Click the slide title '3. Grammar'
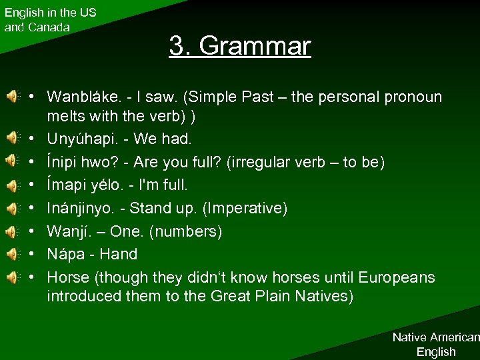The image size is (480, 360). (x=240, y=46)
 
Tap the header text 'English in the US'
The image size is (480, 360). (x=50, y=12)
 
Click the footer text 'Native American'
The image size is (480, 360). (x=435, y=337)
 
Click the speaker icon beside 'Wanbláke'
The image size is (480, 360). (x=12, y=97)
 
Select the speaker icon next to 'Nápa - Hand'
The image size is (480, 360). (x=12, y=254)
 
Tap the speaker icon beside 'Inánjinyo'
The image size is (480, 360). (x=12, y=208)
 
